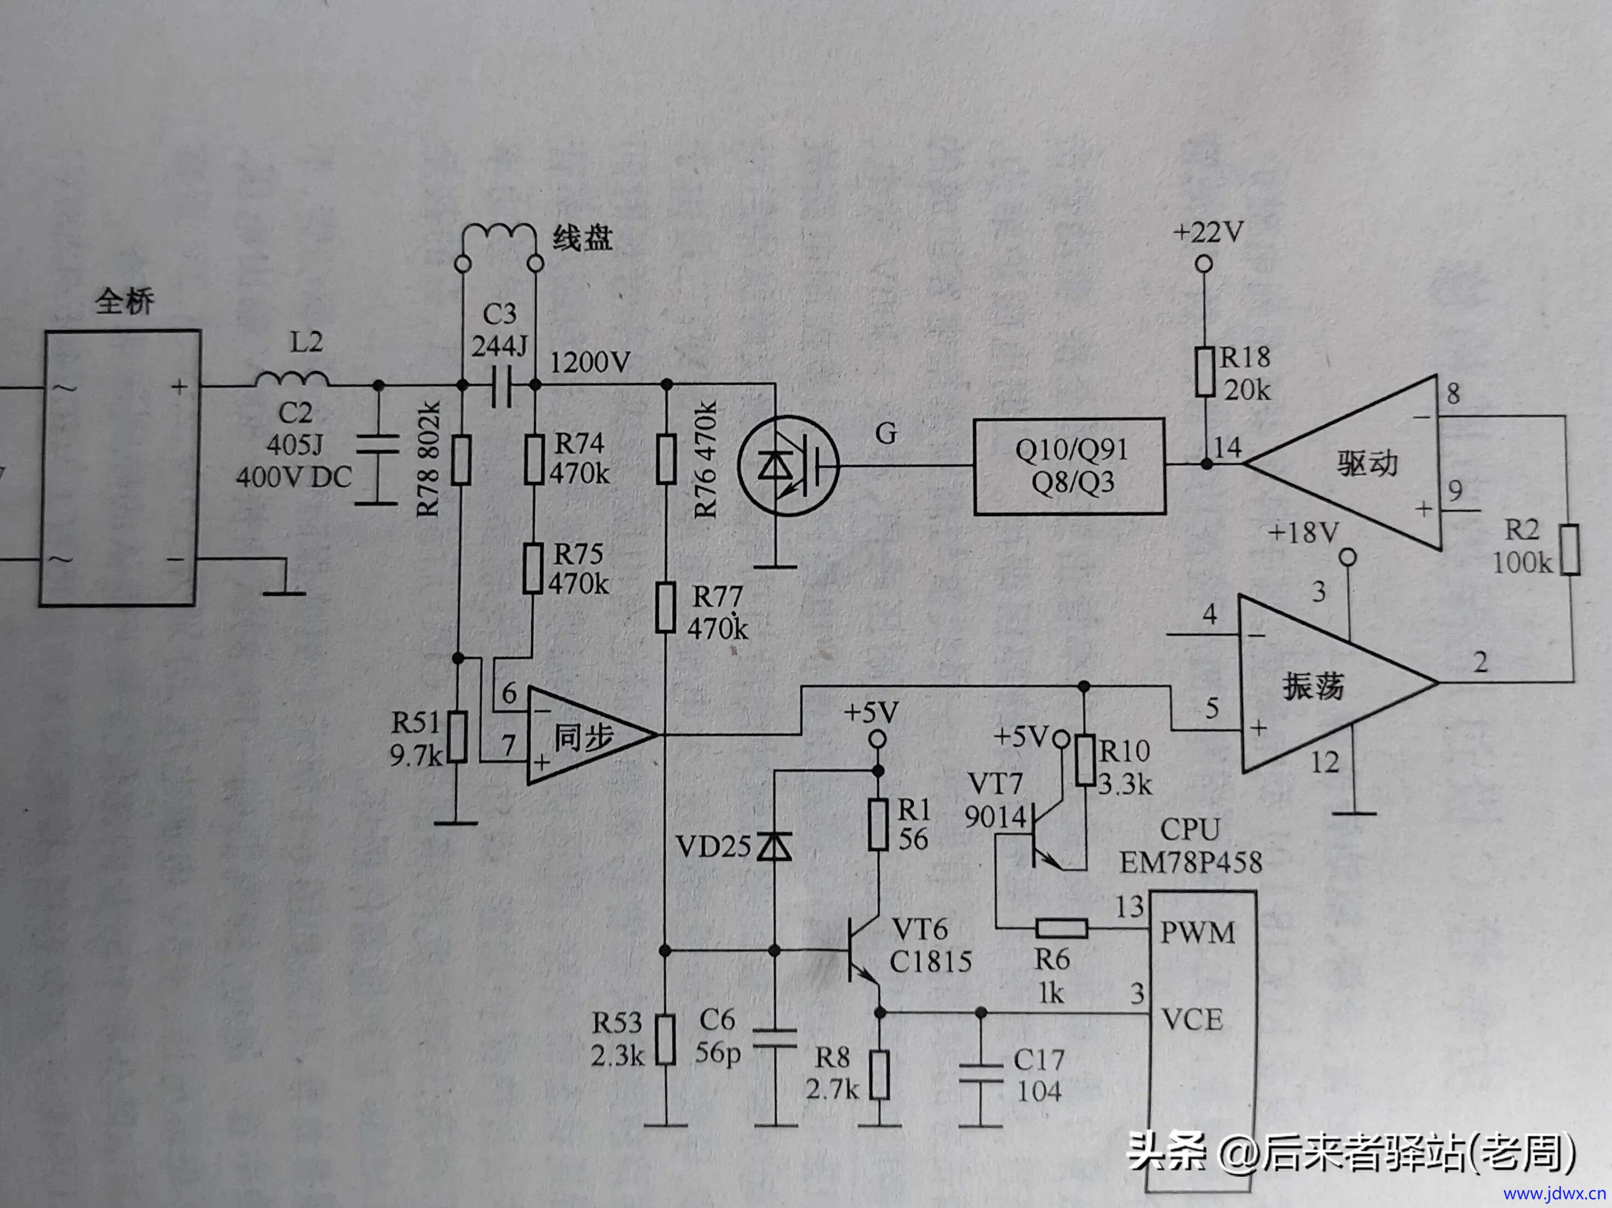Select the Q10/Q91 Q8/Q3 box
coord(1069,466)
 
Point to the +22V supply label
coord(1208,233)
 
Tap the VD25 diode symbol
coord(774,847)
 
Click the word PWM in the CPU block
coord(1197,933)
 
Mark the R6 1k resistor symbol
coord(1062,928)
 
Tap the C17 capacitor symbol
coord(981,1075)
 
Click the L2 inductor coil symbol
coord(292,379)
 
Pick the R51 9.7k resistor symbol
coord(457,737)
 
